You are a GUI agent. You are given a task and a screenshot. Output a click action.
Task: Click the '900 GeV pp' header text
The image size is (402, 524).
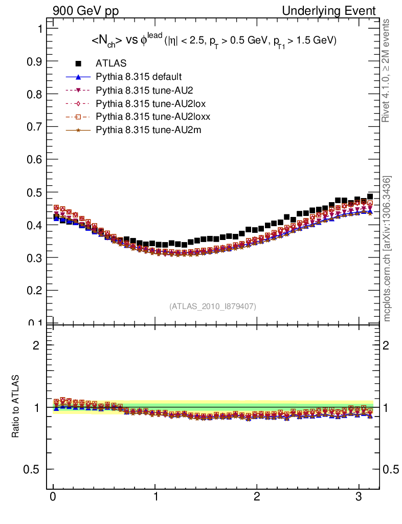point(85,11)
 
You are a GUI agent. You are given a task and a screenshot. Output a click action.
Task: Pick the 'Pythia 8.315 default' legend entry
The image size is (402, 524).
point(139,77)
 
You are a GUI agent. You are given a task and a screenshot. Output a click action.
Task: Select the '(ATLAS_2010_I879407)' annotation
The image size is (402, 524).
point(213,306)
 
